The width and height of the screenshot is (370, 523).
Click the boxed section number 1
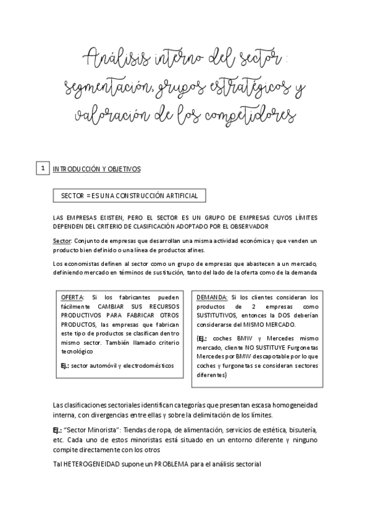coord(41,168)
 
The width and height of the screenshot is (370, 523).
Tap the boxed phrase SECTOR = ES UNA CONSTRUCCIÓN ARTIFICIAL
coord(129,196)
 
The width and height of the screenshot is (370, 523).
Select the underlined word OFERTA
coord(73,297)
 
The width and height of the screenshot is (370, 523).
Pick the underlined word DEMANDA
coord(212,297)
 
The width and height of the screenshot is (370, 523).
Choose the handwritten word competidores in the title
coord(254,116)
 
